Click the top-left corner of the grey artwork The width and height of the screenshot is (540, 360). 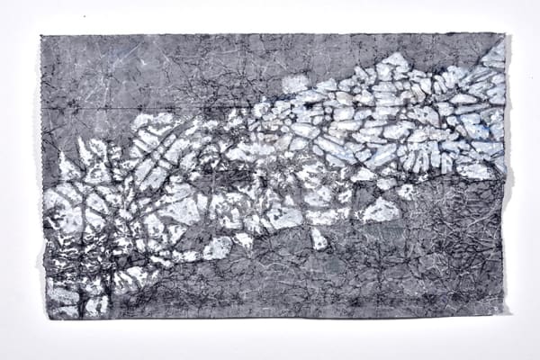(41, 36)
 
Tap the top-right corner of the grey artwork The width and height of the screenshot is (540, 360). (504, 35)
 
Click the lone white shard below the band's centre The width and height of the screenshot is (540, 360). (318, 239)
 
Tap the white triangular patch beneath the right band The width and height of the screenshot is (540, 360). (381, 211)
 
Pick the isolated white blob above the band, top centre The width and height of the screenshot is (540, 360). (294, 84)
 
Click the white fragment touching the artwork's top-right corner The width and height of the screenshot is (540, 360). (495, 52)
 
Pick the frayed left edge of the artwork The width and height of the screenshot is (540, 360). (41, 180)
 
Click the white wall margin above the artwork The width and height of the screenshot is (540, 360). (270, 16)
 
